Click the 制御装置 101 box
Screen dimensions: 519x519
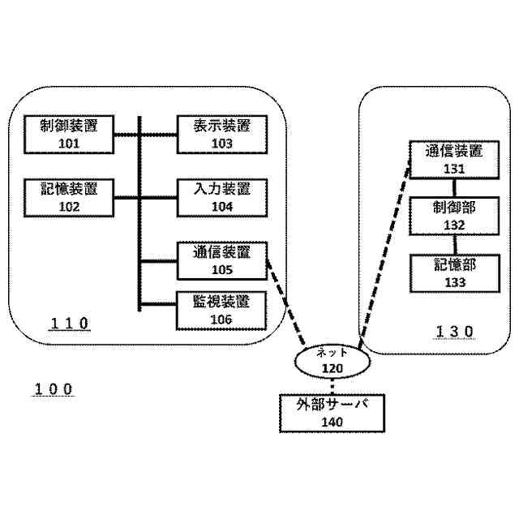[69, 134]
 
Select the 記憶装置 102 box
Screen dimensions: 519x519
[69, 197]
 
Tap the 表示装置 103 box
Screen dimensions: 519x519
[221, 134]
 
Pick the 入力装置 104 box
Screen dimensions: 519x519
[221, 197]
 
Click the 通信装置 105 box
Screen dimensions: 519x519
[221, 260]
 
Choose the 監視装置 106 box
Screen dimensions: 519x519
[221, 310]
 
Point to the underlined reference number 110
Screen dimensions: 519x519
[69, 324]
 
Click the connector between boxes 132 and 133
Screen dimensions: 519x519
[453, 244]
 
